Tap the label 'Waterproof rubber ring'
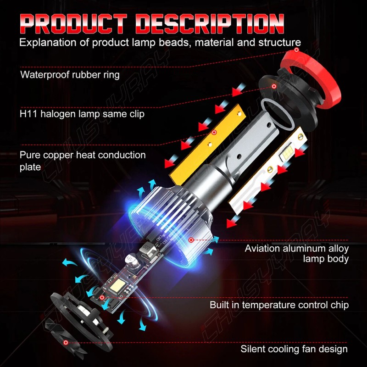(70, 74)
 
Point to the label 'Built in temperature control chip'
(279, 305)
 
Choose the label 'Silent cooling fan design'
(294, 349)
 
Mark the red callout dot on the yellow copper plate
(214, 132)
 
